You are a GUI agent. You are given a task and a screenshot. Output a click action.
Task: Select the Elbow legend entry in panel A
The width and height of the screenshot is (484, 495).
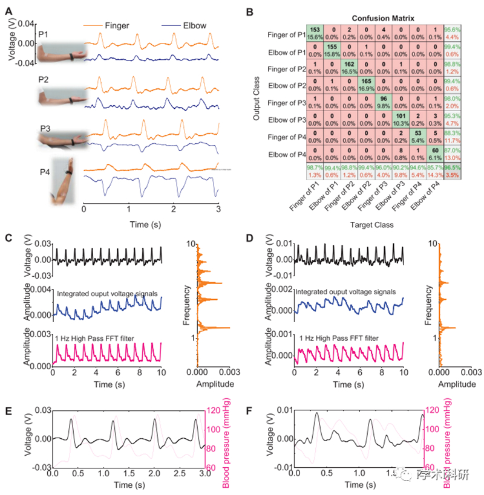pyautogui.click(x=191, y=27)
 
